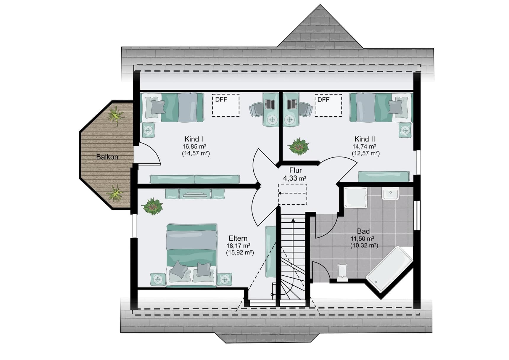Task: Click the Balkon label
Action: tap(107, 157)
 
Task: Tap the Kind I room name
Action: tap(194, 139)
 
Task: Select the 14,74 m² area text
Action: tap(364, 146)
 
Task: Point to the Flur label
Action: tap(295, 170)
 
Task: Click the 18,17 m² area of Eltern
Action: tap(239, 246)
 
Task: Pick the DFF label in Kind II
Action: tap(323, 100)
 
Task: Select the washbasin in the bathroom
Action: tap(391, 194)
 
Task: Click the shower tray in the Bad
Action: tap(355, 197)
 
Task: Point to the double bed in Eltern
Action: tap(192, 255)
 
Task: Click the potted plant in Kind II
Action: tap(298, 146)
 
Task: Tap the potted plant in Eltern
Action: tap(152, 206)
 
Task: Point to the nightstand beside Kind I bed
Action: tap(148, 130)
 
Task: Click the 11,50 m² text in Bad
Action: tap(363, 239)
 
